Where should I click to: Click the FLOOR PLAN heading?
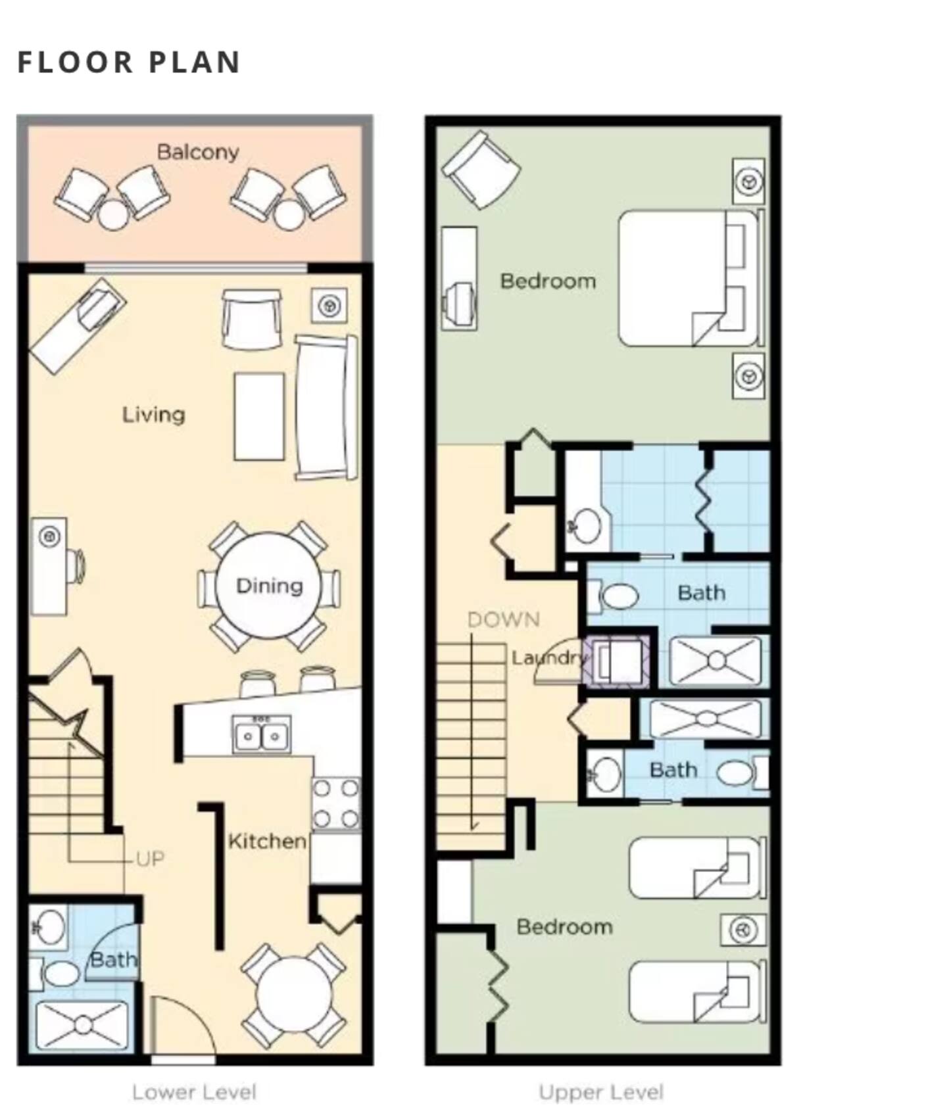pyautogui.click(x=129, y=62)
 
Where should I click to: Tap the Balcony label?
pyautogui.click(x=198, y=153)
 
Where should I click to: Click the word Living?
pyautogui.click(x=154, y=415)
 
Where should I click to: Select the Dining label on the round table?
pyautogui.click(x=270, y=586)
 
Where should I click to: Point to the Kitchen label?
pyautogui.click(x=267, y=841)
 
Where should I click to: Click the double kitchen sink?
pyautogui.click(x=262, y=734)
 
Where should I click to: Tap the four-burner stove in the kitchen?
pyautogui.click(x=336, y=803)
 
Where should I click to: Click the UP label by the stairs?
pyautogui.click(x=150, y=859)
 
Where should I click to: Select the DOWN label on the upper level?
pyautogui.click(x=504, y=619)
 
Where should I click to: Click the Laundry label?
pyautogui.click(x=548, y=657)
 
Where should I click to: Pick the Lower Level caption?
pyautogui.click(x=194, y=1092)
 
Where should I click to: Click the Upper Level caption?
pyautogui.click(x=601, y=1092)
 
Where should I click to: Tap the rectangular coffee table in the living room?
pyautogui.click(x=260, y=417)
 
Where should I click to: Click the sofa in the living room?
pyautogui.click(x=326, y=408)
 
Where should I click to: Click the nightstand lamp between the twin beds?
pyautogui.click(x=744, y=930)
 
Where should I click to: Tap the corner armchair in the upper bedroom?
pyautogui.click(x=481, y=169)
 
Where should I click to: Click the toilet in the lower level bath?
pyautogui.click(x=54, y=974)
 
